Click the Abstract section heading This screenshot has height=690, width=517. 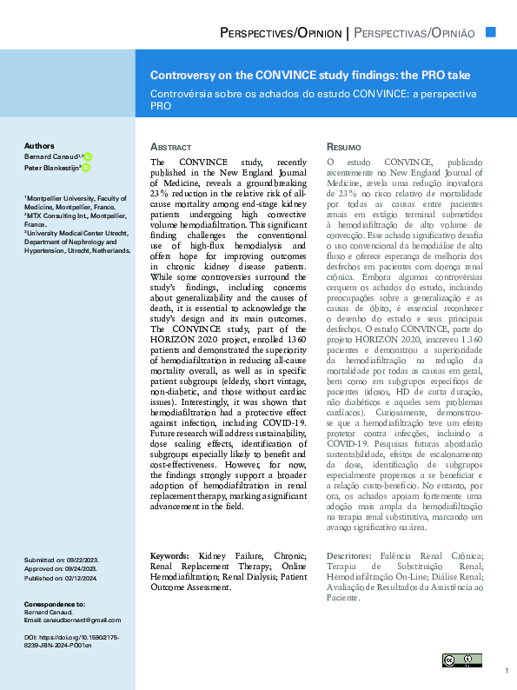click(170, 148)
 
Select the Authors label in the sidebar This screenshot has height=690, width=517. click(39, 146)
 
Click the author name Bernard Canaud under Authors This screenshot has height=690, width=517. click(50, 156)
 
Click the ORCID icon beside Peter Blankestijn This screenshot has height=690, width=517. click(86, 168)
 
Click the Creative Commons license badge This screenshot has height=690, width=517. click(461, 661)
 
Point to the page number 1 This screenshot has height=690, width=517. click(506, 672)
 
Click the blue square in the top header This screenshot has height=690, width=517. click(490, 32)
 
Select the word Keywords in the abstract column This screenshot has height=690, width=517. click(169, 554)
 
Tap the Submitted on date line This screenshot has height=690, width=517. click(61, 561)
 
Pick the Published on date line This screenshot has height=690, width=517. click(61, 576)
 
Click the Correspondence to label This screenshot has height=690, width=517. click(54, 603)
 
